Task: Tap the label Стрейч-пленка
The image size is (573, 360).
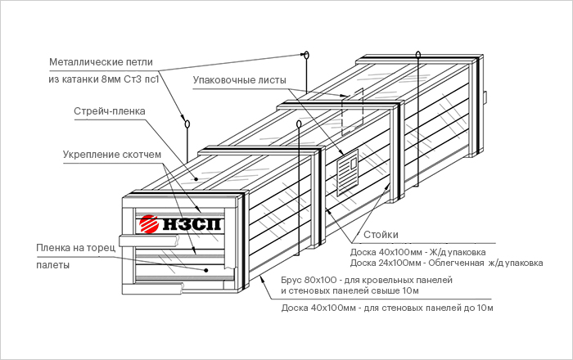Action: point(109,111)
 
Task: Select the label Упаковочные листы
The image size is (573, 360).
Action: point(239,80)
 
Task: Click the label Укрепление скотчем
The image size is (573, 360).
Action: point(111,154)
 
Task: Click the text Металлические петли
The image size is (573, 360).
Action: point(101,61)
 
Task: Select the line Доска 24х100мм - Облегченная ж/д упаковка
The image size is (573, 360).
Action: point(446,263)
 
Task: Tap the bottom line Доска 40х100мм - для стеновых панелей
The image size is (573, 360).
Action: point(386,308)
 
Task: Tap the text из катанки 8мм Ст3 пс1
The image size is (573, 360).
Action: point(104,80)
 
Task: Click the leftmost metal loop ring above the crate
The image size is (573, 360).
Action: point(187,125)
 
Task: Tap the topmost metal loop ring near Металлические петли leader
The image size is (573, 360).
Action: point(306,56)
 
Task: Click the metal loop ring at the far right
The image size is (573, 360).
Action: point(418,56)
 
